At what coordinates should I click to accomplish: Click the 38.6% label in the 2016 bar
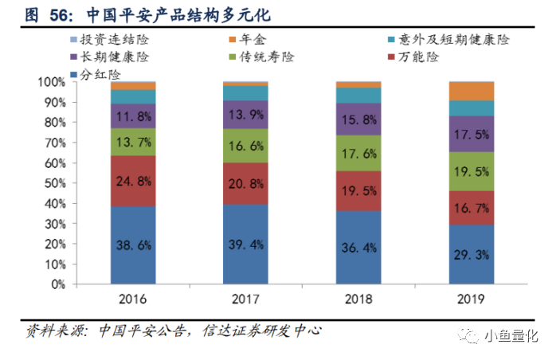tap(134, 245)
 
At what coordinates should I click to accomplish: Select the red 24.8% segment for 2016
tap(133, 181)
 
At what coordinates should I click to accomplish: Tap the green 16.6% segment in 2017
tap(245, 146)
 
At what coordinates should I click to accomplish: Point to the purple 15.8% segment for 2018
tap(358, 119)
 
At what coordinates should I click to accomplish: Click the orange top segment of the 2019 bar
tap(472, 91)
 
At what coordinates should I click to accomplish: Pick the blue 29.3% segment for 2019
tap(472, 254)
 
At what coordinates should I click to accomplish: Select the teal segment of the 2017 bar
tap(245, 93)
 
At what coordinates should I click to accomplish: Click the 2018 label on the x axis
tap(358, 299)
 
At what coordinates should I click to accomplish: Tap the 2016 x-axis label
tap(132, 299)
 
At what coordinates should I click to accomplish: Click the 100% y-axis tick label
tap(52, 82)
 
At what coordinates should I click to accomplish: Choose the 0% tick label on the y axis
tap(58, 284)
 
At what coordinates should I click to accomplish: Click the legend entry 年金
tap(248, 39)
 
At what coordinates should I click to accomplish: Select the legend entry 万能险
tap(413, 57)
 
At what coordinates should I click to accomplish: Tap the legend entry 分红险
tap(96, 75)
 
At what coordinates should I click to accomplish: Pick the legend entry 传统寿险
tap(262, 57)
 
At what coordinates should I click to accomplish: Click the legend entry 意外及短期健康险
tap(449, 39)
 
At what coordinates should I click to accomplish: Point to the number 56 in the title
tap(58, 15)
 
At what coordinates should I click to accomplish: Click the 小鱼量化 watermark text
tap(511, 335)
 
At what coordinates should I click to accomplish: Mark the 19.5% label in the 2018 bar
tap(358, 191)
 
